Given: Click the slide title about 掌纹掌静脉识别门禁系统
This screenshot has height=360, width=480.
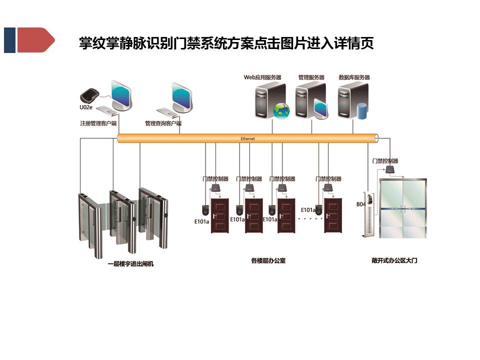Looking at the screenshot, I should click(x=226, y=43).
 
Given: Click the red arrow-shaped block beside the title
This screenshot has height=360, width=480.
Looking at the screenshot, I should click(x=35, y=40).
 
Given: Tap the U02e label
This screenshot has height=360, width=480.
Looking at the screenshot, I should click(x=86, y=107).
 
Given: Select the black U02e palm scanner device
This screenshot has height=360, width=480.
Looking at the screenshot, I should click(x=90, y=95).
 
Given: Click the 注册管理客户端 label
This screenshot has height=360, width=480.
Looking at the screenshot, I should click(x=98, y=123).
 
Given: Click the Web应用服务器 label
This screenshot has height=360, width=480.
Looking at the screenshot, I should click(x=262, y=77).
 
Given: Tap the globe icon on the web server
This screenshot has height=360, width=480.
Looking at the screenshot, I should click(x=281, y=110).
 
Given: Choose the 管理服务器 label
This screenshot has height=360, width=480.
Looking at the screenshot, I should click(x=311, y=77).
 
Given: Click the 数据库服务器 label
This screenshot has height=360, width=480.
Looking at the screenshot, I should click(x=354, y=77).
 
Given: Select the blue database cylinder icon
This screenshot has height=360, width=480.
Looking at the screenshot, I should click(x=362, y=110).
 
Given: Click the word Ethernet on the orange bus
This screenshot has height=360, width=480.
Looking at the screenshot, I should click(x=247, y=138).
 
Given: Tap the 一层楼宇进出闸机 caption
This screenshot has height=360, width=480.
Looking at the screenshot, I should click(x=130, y=263).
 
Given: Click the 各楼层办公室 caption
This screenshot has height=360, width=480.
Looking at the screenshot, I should click(x=268, y=260).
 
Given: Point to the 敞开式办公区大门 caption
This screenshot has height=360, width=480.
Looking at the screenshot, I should click(x=394, y=260).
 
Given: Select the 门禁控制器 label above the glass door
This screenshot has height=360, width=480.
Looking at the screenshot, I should click(x=385, y=161).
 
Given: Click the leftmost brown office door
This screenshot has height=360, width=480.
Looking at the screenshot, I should click(x=219, y=215).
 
